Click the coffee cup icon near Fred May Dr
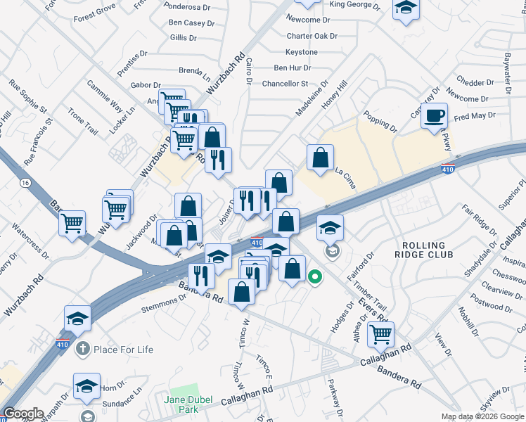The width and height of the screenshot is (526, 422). click(x=435, y=115)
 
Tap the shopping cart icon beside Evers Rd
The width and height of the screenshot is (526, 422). click(x=380, y=335)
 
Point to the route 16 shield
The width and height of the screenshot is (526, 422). click(x=26, y=183)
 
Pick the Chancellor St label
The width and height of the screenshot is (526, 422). click(x=285, y=83)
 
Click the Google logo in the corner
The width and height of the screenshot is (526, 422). click(x=23, y=414)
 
